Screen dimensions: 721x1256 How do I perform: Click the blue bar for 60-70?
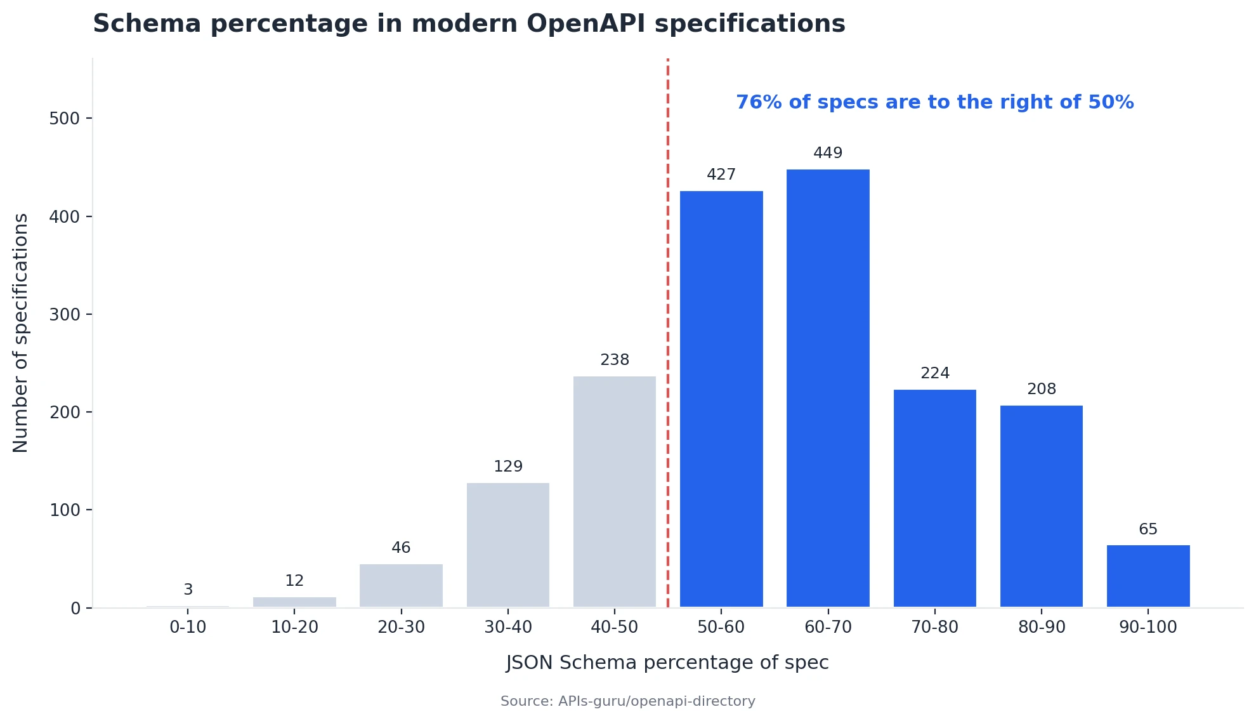pyautogui.click(x=828, y=387)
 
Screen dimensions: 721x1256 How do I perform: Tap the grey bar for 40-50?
pyautogui.click(x=615, y=492)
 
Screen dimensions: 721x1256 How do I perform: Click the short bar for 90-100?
pyautogui.click(x=1148, y=576)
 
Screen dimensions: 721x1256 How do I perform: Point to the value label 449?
pyautogui.click(x=828, y=153)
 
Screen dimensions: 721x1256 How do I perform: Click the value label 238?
pyautogui.click(x=615, y=360)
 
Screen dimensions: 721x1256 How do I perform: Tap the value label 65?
pyautogui.click(x=1148, y=529)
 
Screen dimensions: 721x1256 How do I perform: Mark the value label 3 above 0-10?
pyautogui.click(x=188, y=590)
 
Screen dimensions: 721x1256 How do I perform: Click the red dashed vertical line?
pyautogui.click(x=668, y=317)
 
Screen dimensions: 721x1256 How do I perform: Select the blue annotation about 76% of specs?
pyautogui.click(x=934, y=102)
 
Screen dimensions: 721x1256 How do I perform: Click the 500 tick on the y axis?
pyautogui.click(x=65, y=119)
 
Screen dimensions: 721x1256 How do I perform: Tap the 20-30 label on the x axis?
pyautogui.click(x=401, y=627)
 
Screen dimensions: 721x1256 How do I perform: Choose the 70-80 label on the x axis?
pyautogui.click(x=934, y=627)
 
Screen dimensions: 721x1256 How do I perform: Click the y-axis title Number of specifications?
pyautogui.click(x=21, y=333)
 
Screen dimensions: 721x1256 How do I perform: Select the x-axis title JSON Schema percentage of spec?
pyautogui.click(x=667, y=663)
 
